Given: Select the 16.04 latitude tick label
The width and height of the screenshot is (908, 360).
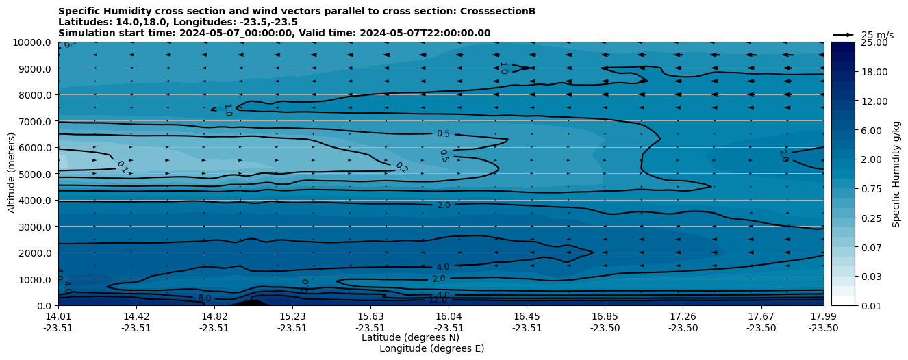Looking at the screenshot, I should click(x=448, y=316).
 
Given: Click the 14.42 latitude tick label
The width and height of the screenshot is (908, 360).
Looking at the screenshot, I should click(x=136, y=316).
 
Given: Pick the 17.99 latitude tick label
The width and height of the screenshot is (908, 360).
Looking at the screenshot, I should click(x=823, y=316).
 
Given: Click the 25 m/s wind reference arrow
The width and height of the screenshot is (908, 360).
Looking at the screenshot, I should click(x=844, y=35).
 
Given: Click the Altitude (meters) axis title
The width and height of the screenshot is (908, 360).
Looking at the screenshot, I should click(x=12, y=174).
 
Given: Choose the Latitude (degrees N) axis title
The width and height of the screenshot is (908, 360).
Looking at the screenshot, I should click(x=410, y=337).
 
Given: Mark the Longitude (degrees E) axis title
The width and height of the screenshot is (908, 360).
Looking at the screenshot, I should click(x=431, y=348).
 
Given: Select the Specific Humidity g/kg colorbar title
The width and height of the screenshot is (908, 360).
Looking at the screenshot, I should click(x=896, y=174).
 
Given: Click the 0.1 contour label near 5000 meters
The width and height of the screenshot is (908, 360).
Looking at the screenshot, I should click(x=122, y=167).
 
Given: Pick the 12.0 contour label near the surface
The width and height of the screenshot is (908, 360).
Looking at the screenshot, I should click(x=438, y=300).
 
